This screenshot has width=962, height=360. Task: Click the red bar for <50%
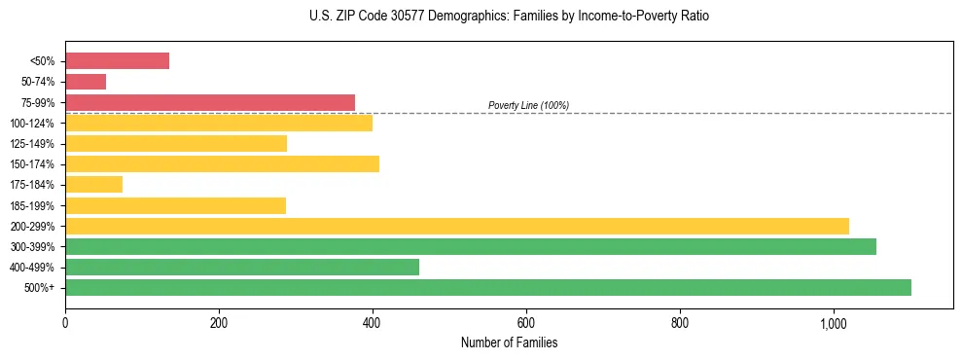(x=117, y=61)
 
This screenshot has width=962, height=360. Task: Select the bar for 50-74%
(x=86, y=82)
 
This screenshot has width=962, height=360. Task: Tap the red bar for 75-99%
(x=210, y=102)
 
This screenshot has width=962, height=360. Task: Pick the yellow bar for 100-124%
(x=219, y=123)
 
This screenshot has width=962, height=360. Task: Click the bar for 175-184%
(x=93, y=185)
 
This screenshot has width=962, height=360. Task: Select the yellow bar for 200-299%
(x=457, y=226)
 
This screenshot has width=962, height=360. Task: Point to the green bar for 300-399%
(x=471, y=246)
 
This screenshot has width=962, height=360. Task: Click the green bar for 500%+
(x=488, y=287)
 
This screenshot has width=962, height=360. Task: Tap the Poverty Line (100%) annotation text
(x=528, y=105)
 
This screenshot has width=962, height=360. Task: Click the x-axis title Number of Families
(x=509, y=342)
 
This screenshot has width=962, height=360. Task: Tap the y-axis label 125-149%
(x=32, y=144)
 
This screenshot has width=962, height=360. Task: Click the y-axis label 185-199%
(x=32, y=205)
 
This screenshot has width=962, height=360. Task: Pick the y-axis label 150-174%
(x=32, y=164)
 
